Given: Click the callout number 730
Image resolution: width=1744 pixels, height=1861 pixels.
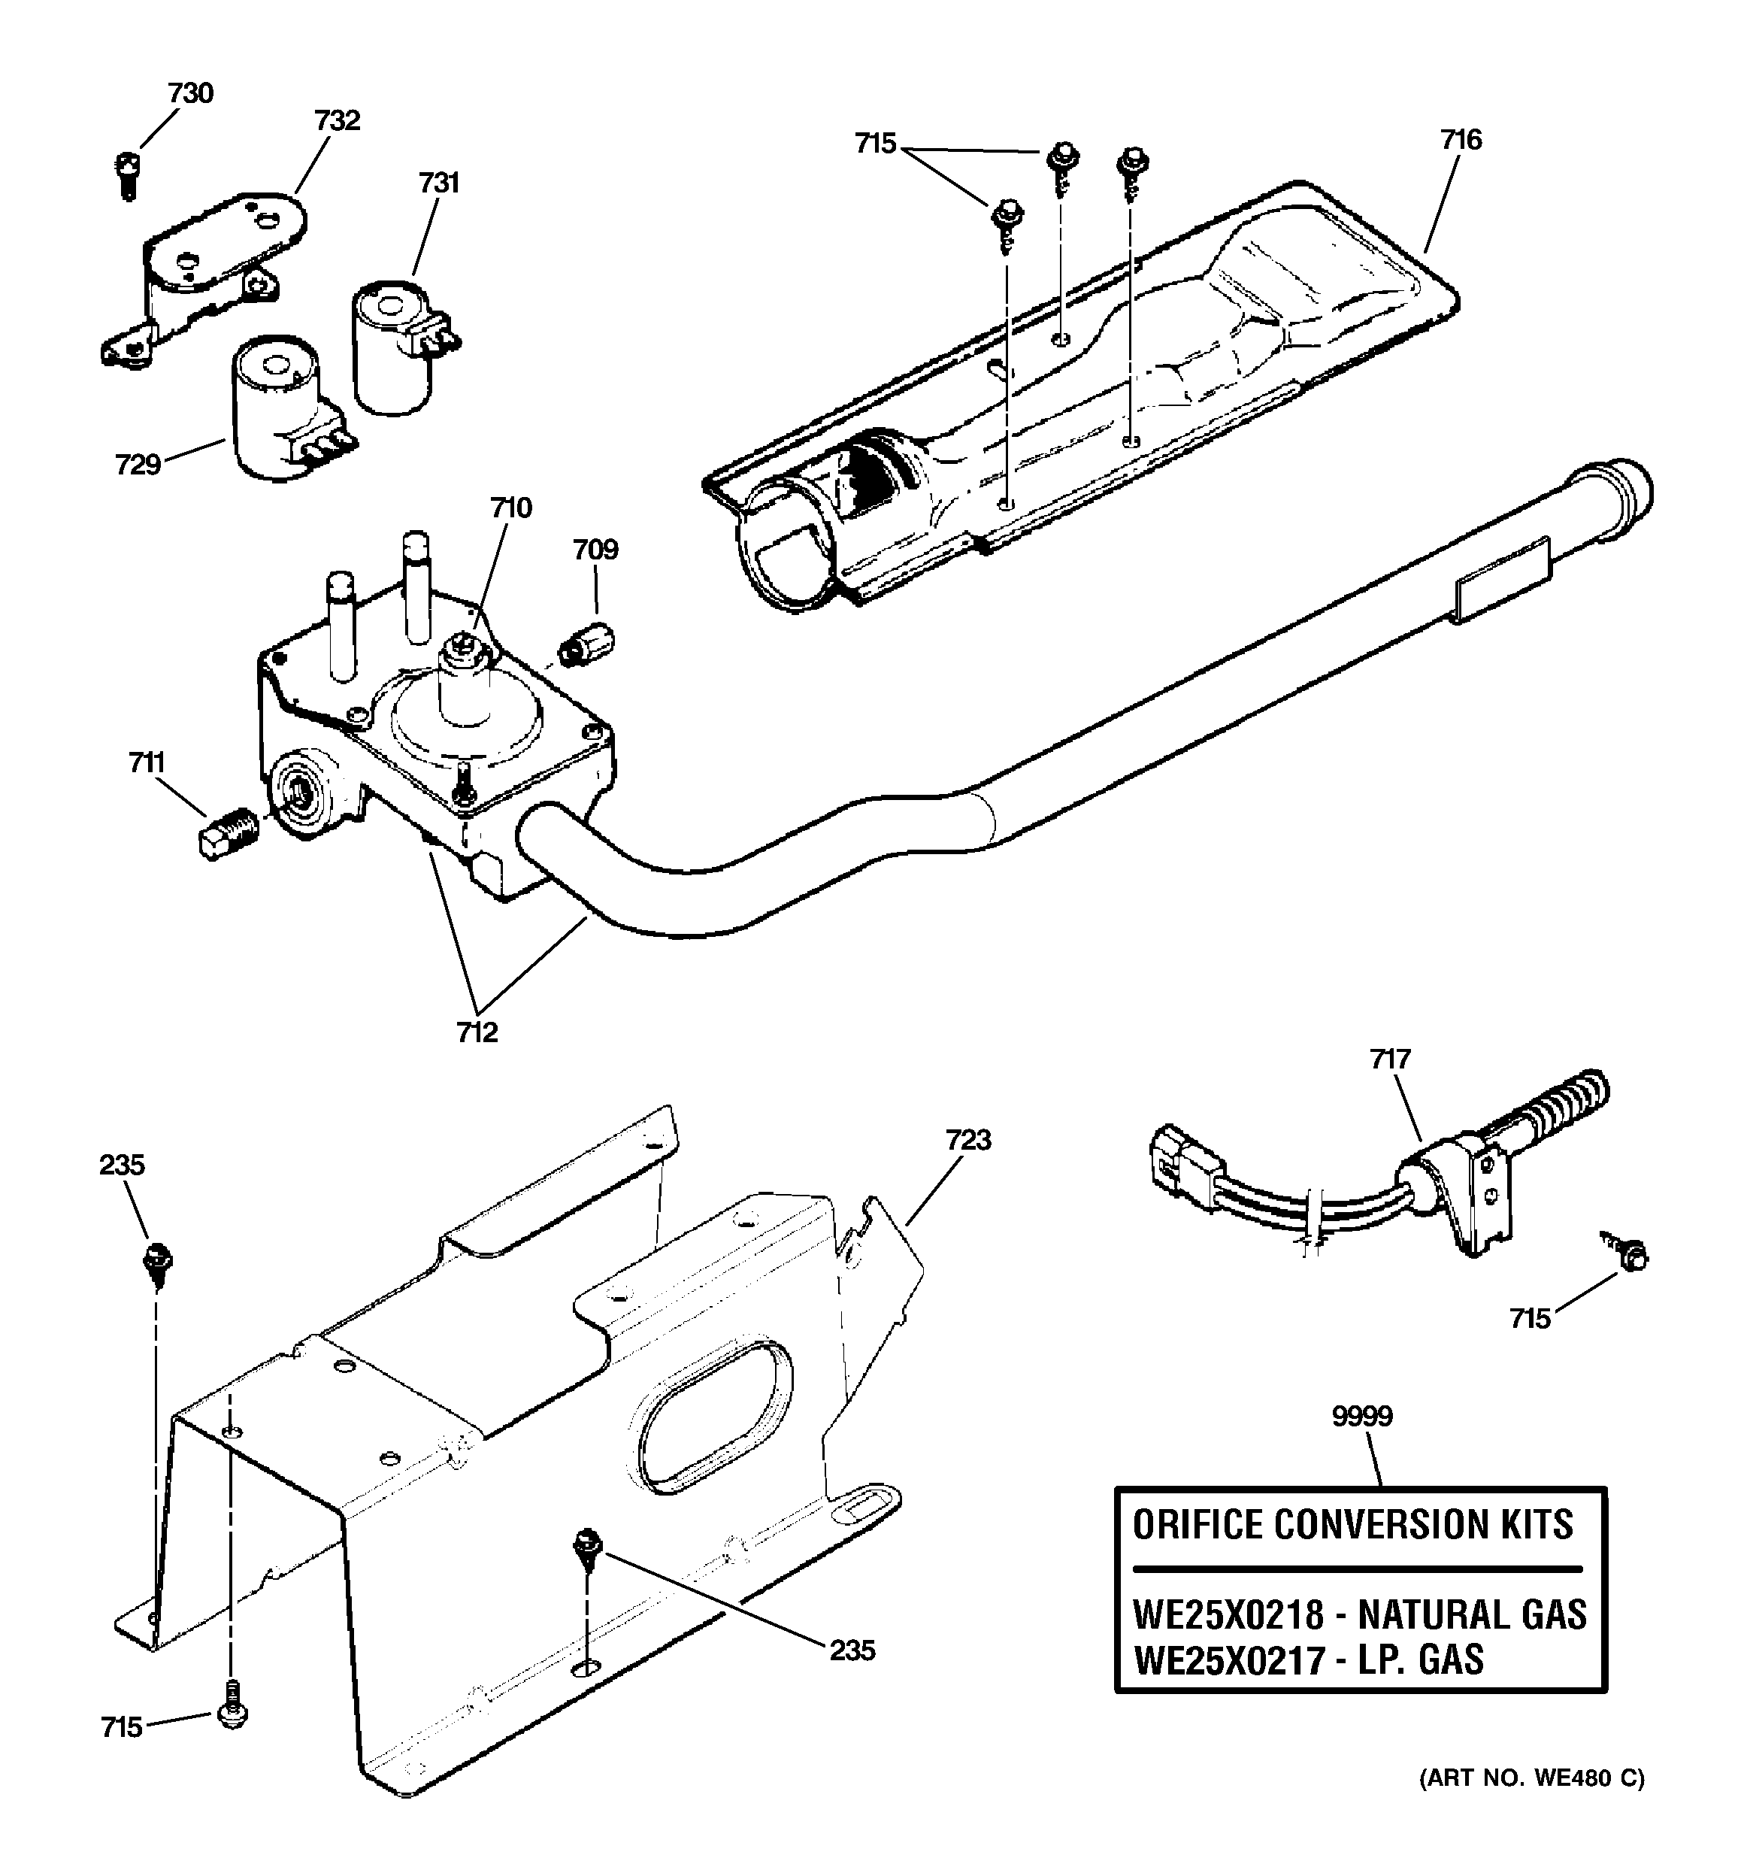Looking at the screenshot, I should [191, 92].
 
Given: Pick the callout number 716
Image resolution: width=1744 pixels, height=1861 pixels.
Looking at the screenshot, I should [1461, 140].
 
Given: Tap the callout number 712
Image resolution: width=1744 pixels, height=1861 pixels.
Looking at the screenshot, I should [477, 1032].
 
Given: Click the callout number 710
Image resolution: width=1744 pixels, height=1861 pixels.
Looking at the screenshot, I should [511, 508].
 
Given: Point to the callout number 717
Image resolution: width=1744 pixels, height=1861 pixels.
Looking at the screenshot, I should [1389, 1059].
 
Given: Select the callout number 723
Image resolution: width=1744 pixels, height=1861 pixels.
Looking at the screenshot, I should [968, 1140].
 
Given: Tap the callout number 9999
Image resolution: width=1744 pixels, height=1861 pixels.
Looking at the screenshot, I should [1362, 1417].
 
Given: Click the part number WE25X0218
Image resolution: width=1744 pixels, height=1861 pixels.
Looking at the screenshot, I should [1228, 1615].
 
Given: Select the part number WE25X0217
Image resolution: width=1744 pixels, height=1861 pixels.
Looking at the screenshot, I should [1228, 1659].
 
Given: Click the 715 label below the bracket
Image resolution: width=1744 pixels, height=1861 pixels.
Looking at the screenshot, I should [122, 1727].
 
